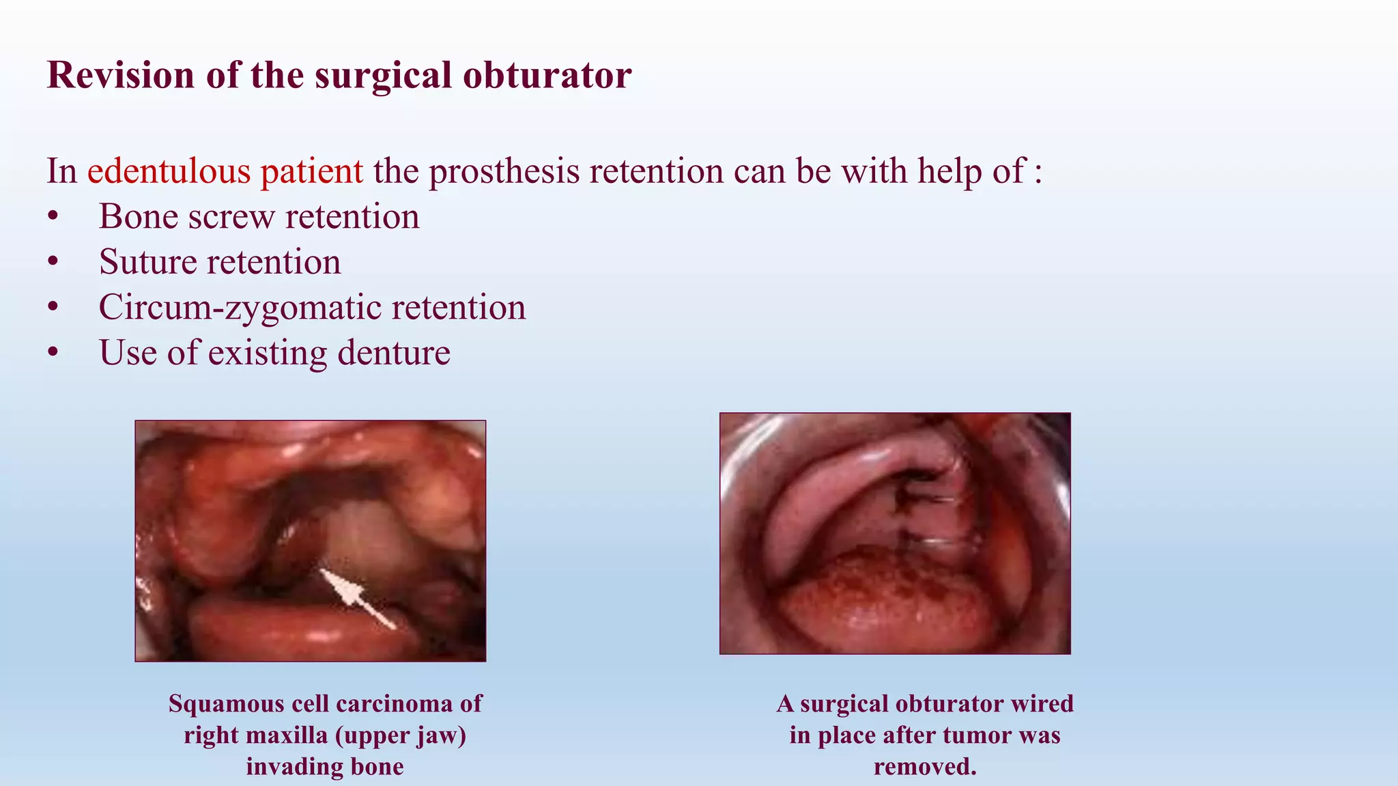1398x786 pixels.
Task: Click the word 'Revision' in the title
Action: tap(121, 75)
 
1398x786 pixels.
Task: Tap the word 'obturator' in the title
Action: tap(547, 75)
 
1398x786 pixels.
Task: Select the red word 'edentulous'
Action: tap(169, 171)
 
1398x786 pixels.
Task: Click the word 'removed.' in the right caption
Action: tap(925, 767)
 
